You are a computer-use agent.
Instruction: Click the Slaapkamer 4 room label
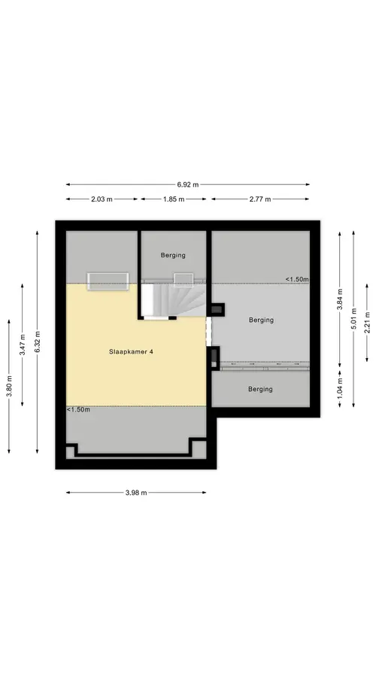pos(131,351)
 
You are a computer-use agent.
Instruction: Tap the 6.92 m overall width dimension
pos(188,184)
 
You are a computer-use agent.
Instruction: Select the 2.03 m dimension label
pos(102,199)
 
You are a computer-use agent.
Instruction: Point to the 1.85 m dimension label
pos(173,199)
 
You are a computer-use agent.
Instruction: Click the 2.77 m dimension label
pos(260,199)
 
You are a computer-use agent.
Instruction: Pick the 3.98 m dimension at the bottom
pos(136,493)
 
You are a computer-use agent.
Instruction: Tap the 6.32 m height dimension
pos(37,342)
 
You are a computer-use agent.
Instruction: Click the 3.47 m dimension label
pos(22,345)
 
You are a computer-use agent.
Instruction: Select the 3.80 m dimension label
pos(8,387)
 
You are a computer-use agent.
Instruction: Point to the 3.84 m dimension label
pos(340,299)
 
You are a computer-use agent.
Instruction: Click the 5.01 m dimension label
pos(353,319)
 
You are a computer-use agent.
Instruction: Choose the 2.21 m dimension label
pos(367,323)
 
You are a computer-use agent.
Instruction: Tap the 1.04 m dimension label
pos(340,387)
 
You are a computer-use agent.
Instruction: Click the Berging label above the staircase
pos(173,255)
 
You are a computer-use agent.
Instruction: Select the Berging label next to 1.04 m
pos(260,389)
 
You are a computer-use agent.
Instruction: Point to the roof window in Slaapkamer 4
pos(108,281)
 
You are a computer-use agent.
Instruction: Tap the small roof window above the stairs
pos(183,280)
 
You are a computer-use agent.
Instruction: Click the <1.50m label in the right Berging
pos(297,279)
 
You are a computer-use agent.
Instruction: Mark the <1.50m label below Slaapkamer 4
pos(78,410)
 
